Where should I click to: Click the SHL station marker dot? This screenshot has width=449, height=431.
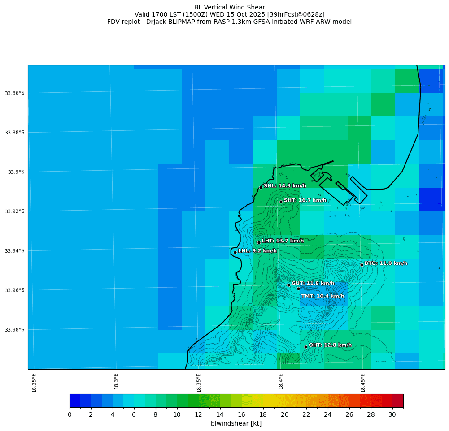click(261, 187)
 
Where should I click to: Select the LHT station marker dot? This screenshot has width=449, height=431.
click(259, 242)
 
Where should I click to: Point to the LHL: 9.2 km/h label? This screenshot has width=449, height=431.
click(257, 251)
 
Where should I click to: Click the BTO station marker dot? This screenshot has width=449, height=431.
click(362, 265)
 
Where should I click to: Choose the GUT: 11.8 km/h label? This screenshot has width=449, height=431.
click(313, 284)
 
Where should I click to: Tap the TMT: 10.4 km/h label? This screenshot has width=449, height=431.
click(323, 296)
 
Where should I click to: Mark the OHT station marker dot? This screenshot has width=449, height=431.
click(305, 347)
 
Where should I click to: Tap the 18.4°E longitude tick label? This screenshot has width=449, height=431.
click(281, 382)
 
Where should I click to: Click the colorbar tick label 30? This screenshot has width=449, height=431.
click(392, 415)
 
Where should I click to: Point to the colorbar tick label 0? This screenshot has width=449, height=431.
click(70, 415)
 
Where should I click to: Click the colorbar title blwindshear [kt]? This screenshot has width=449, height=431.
click(236, 423)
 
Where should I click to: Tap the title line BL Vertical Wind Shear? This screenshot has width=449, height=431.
click(229, 7)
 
